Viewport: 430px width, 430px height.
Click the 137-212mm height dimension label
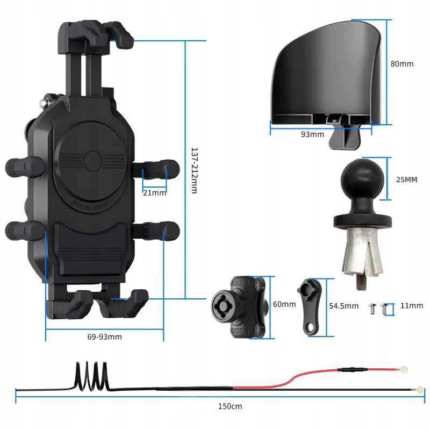click(195, 171)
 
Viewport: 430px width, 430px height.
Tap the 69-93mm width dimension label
click(104, 337)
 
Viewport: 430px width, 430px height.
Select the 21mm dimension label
click(154, 192)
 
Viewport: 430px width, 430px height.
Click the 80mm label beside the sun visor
click(402, 63)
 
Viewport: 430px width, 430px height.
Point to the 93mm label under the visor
click(312, 134)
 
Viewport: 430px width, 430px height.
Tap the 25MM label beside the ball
click(406, 180)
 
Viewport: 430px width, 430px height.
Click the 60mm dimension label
click(284, 304)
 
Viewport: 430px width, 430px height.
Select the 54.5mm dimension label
click(343, 306)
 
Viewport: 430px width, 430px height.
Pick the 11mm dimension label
click(412, 305)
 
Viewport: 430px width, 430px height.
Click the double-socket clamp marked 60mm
click(241, 306)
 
